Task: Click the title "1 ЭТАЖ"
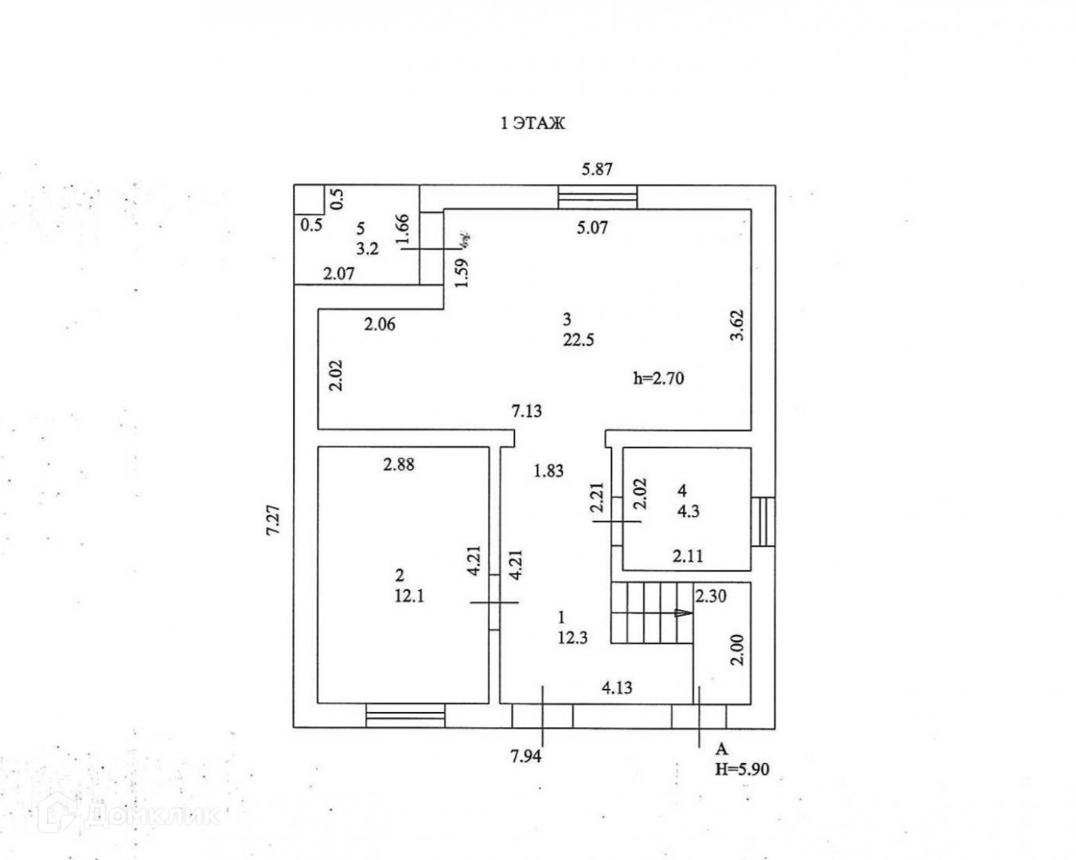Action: [532, 123]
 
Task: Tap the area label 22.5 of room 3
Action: [579, 340]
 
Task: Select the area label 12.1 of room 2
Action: [409, 595]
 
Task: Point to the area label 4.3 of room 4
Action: [688, 511]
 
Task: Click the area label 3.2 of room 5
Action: [367, 248]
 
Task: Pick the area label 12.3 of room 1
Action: [572, 637]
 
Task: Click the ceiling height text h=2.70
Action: [658, 378]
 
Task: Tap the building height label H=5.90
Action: [742, 769]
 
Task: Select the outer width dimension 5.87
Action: [597, 169]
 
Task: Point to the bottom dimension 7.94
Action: [525, 756]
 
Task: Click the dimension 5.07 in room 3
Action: [591, 228]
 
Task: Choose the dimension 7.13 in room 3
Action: [527, 411]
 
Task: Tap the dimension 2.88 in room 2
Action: [398, 464]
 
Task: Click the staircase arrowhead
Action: [682, 613]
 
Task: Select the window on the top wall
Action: [597, 197]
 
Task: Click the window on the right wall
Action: [763, 522]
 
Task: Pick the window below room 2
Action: [405, 715]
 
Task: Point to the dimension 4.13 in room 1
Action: [617, 687]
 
